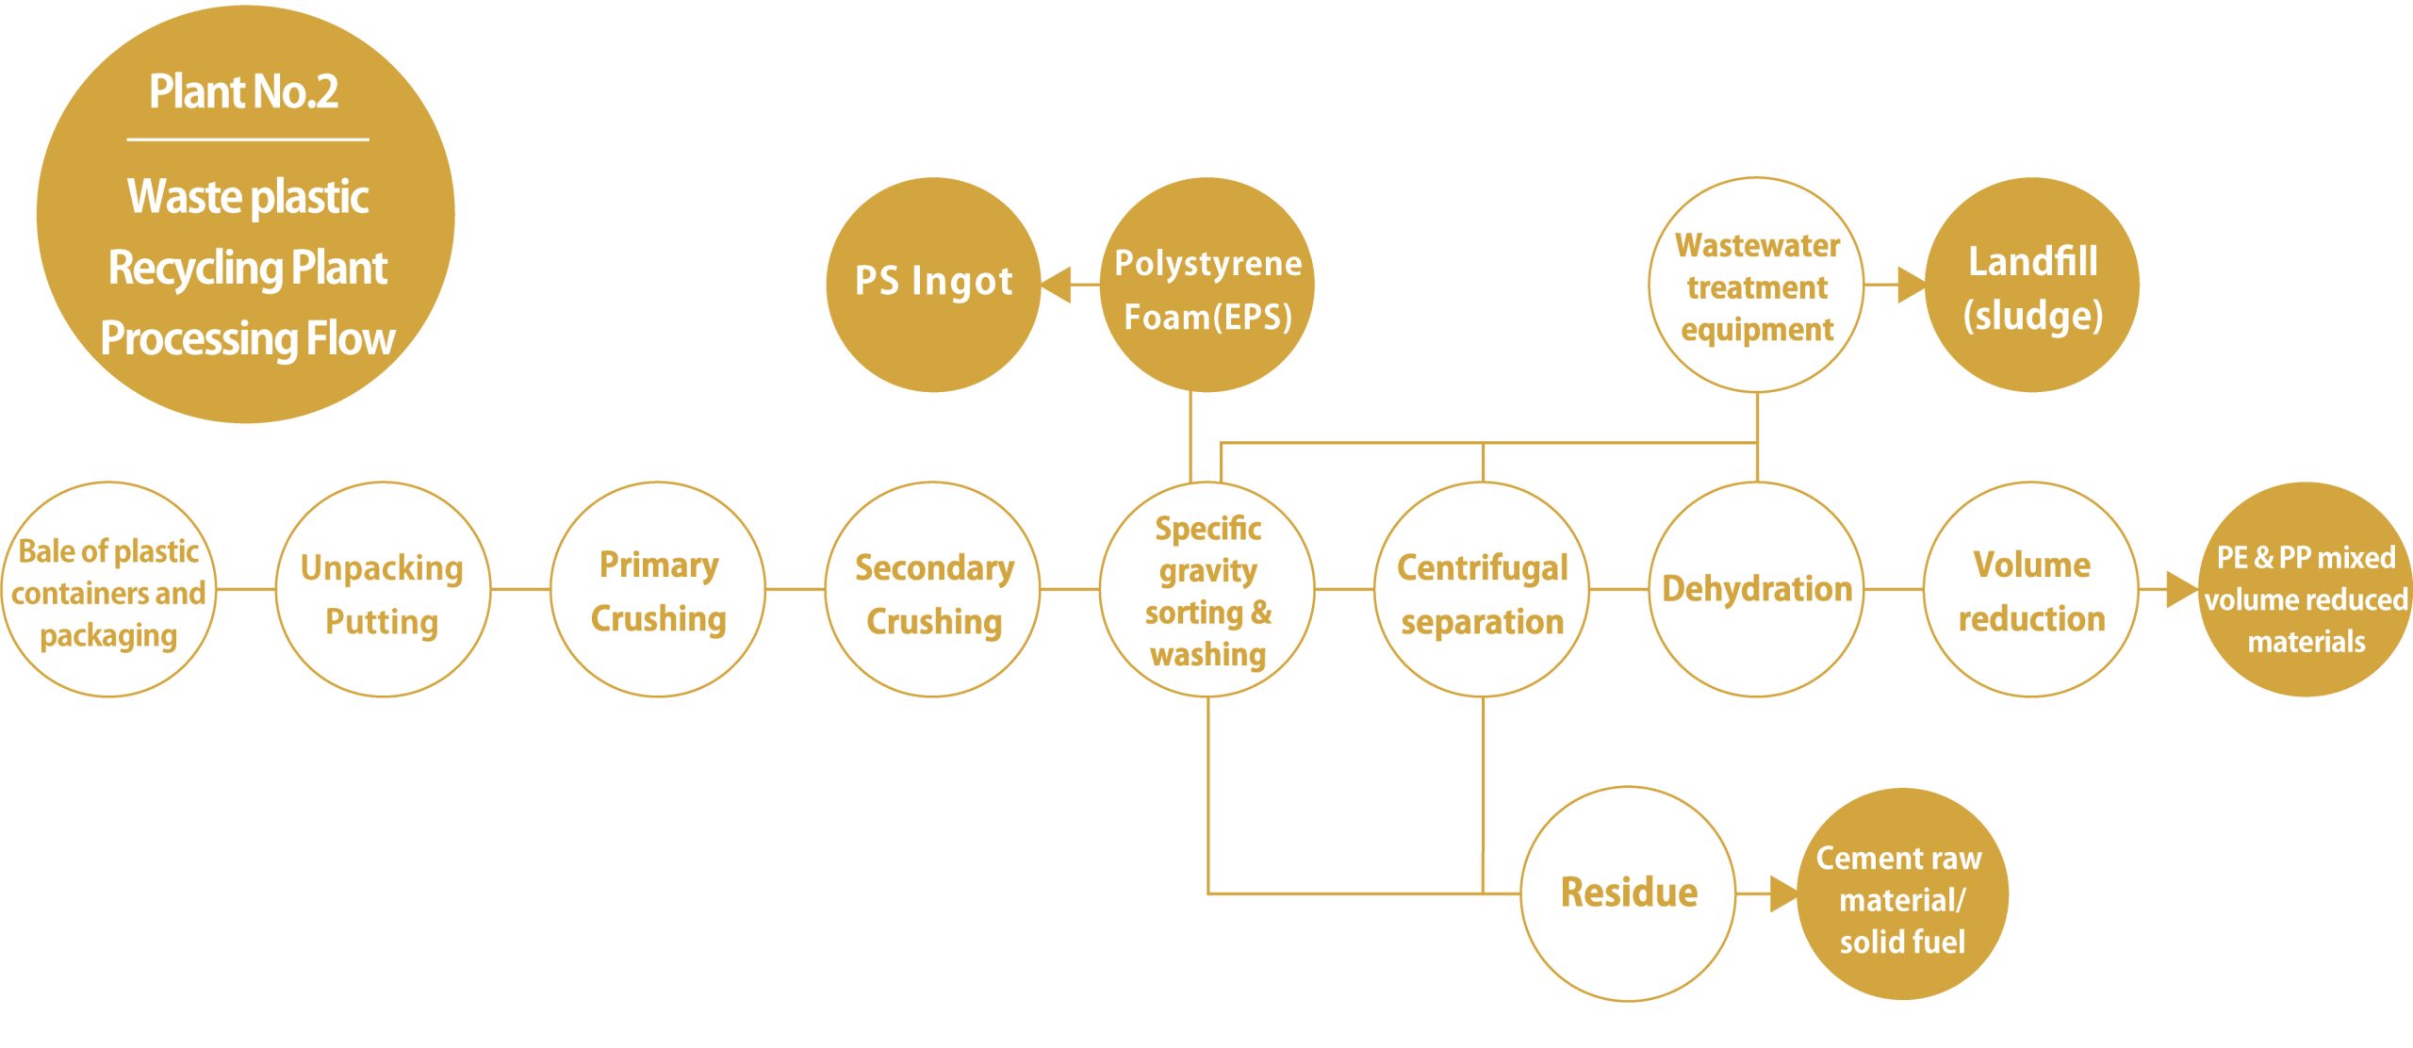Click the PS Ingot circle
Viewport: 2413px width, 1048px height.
(x=933, y=285)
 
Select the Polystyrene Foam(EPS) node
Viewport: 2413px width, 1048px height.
(x=1207, y=285)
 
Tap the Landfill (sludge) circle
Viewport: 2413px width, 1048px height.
(x=2032, y=285)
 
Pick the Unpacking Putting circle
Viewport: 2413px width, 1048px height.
(x=383, y=590)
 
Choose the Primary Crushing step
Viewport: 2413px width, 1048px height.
(x=658, y=590)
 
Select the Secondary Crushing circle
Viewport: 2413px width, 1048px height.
(x=933, y=590)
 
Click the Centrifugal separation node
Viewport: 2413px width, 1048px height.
(x=1483, y=590)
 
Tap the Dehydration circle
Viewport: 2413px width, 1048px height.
(x=1757, y=590)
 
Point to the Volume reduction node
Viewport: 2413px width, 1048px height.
(x=2032, y=590)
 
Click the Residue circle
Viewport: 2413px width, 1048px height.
(x=1629, y=893)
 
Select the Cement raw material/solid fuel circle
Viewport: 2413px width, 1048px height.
(x=1902, y=893)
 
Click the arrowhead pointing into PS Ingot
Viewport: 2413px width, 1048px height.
(x=1056, y=285)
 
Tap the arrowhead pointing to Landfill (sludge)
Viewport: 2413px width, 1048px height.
(x=1912, y=285)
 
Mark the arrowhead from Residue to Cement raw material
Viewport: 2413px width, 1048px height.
(x=1784, y=893)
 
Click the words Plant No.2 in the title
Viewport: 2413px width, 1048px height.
(x=244, y=91)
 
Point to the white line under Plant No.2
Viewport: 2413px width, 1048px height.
(x=248, y=140)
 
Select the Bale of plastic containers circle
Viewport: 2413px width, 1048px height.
(x=108, y=590)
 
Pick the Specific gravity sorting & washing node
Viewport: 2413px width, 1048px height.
(x=1207, y=590)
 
